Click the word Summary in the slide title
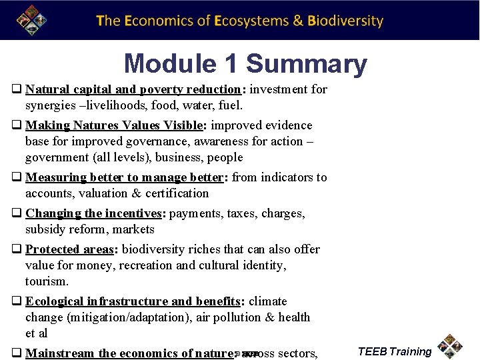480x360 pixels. click(x=307, y=64)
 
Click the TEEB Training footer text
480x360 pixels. click(x=394, y=351)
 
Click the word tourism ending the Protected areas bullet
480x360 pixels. click(x=46, y=281)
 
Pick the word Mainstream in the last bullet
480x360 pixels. click(x=60, y=353)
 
